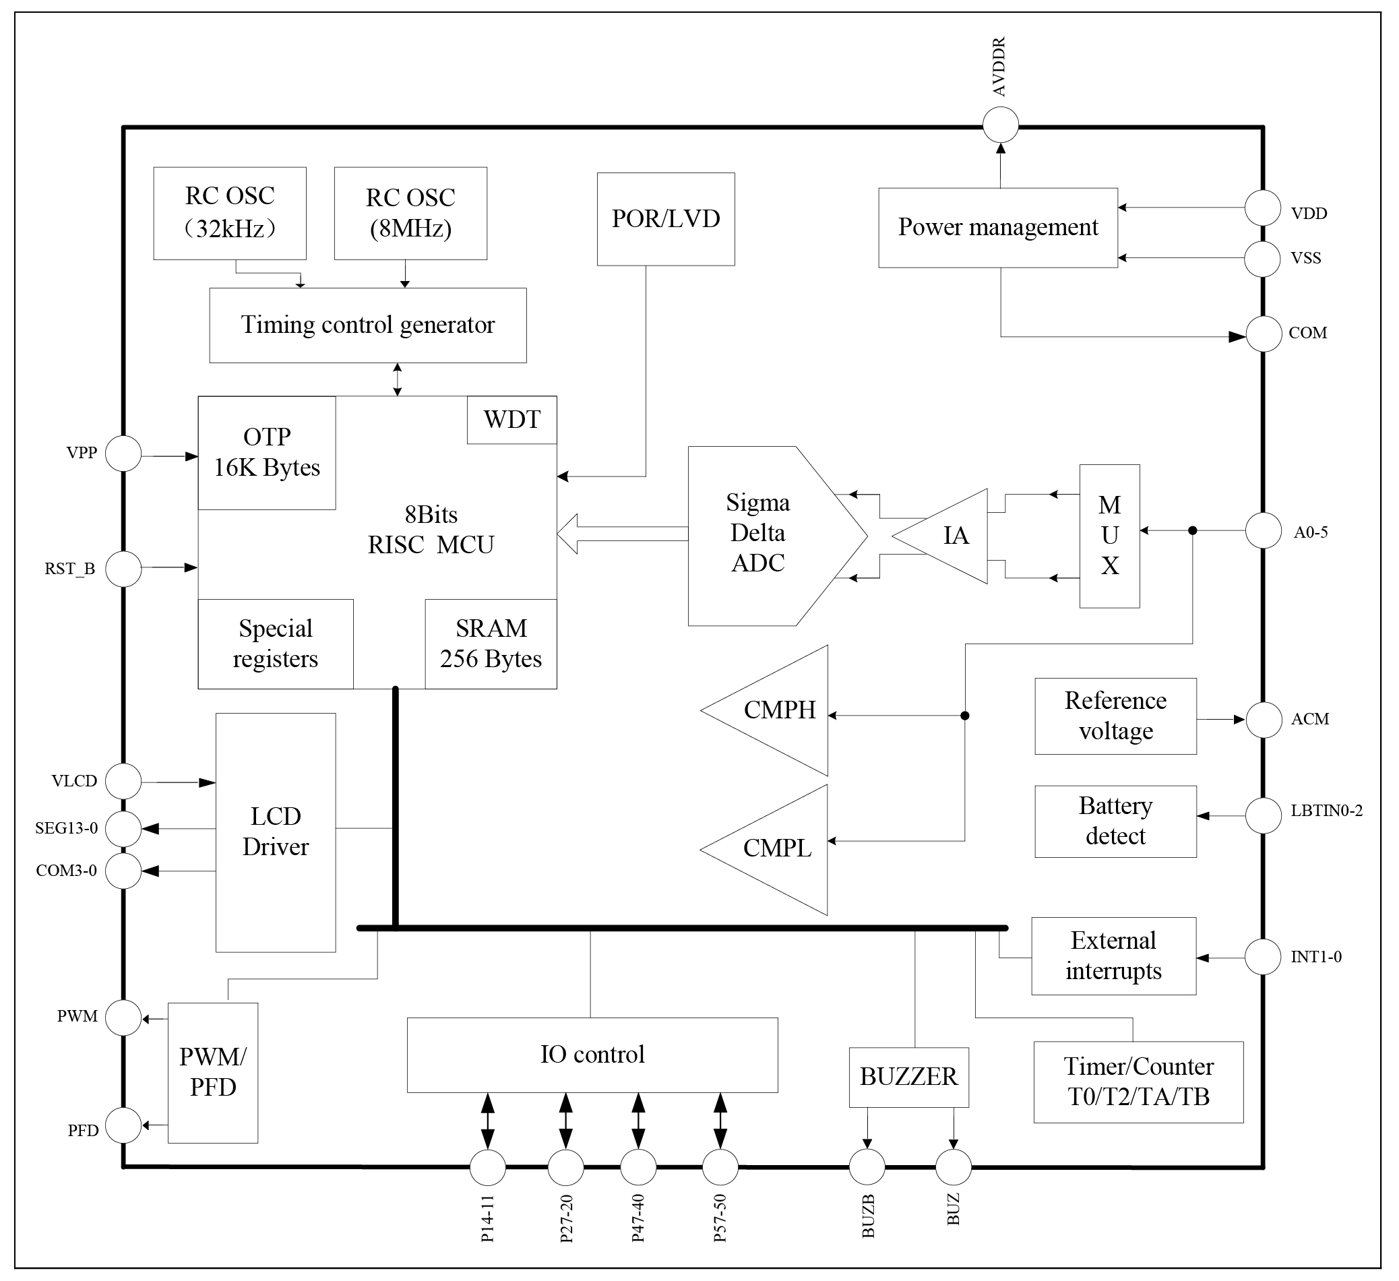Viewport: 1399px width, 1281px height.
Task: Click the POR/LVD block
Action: click(666, 219)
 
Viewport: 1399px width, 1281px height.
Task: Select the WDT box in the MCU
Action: click(511, 420)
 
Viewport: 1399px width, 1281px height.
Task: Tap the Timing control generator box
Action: click(368, 325)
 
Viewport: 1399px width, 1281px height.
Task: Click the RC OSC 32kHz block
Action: click(230, 213)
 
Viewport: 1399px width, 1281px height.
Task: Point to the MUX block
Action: click(1109, 536)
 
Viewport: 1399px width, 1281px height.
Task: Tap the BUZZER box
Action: click(908, 1077)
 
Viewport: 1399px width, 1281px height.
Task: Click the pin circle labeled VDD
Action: click(1262, 208)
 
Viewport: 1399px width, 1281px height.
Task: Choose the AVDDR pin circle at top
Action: click(1001, 125)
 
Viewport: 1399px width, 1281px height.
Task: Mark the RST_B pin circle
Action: click(123, 569)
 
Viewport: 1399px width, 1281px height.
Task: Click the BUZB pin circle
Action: click(867, 1166)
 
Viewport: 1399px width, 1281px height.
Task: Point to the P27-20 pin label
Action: click(566, 1218)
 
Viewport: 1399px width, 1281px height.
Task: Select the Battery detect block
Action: click(1115, 821)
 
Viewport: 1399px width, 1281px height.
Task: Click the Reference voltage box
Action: click(1115, 716)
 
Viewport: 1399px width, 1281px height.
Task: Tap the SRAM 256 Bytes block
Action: click(491, 644)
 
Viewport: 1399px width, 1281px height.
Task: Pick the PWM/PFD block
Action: click(213, 1072)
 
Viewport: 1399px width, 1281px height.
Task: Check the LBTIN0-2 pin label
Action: click(1326, 811)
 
